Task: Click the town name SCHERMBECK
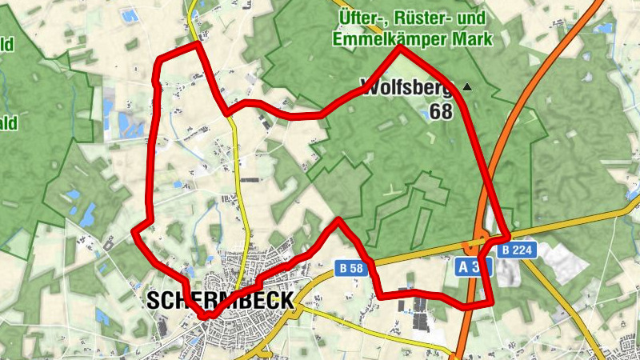(220, 301)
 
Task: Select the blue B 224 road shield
(517, 250)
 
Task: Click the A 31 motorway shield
(474, 267)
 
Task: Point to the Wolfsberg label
(406, 86)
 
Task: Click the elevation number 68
(441, 111)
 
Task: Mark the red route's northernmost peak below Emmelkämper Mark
(400, 49)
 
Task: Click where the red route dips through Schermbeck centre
(206, 315)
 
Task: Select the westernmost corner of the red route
(134, 232)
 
